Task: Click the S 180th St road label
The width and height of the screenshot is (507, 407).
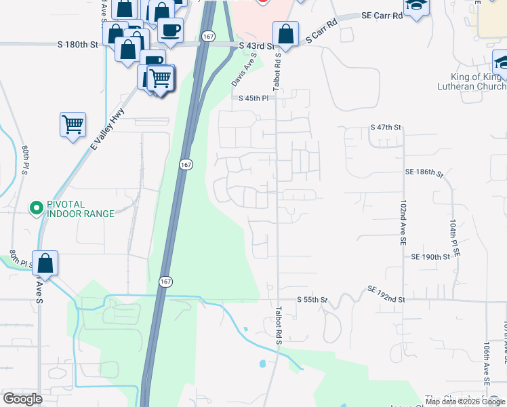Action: (x=78, y=45)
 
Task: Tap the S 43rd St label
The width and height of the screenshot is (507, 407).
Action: (x=256, y=46)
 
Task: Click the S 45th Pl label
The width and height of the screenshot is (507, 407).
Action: (x=254, y=98)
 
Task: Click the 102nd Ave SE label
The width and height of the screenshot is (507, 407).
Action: (x=403, y=222)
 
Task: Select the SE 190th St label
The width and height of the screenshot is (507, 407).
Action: (x=430, y=257)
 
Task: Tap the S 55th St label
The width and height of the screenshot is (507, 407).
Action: (x=312, y=299)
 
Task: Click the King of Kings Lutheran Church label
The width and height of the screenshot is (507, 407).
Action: (x=478, y=81)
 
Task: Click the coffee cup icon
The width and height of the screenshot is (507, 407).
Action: (x=170, y=30)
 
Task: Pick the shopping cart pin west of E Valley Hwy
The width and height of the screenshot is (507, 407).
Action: (x=73, y=124)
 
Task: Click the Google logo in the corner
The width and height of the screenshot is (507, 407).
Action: (x=22, y=399)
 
